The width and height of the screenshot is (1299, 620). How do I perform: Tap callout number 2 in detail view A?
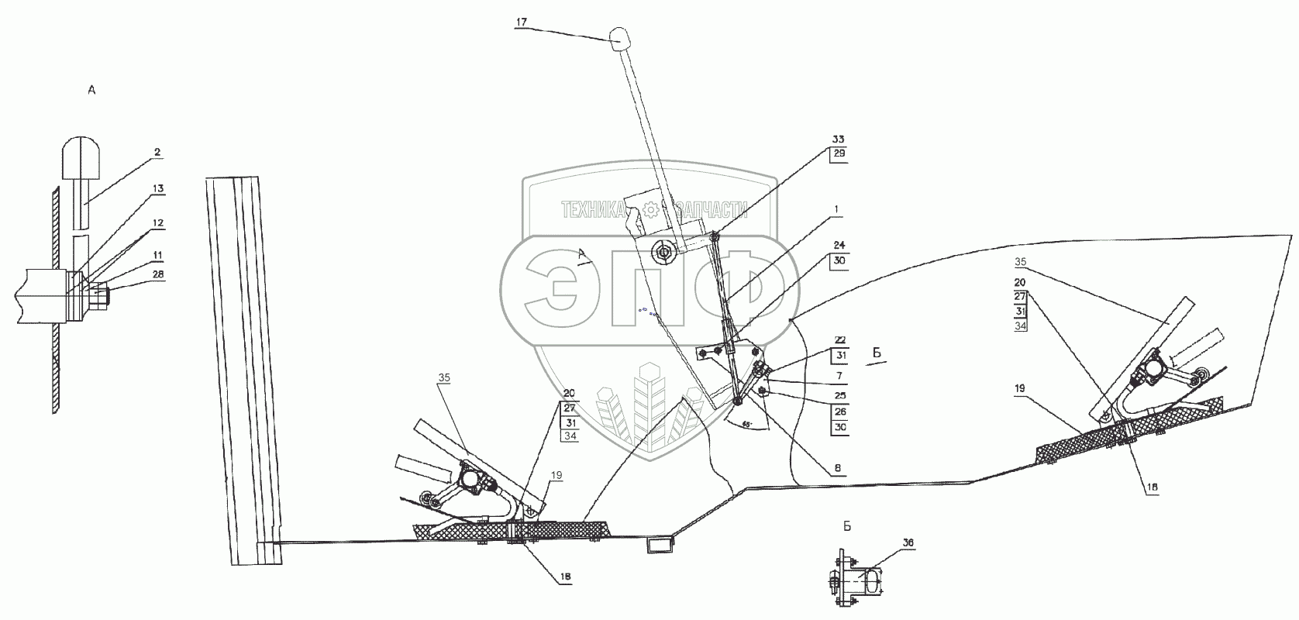coord(157,153)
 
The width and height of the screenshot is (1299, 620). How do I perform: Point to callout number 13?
coord(157,188)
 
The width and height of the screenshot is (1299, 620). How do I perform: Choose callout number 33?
coord(838,139)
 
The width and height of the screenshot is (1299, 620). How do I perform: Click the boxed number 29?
coord(838,153)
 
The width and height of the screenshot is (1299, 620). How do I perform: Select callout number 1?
coord(838,209)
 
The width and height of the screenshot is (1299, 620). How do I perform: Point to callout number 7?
coord(839,376)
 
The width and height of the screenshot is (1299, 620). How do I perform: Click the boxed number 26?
coord(839,411)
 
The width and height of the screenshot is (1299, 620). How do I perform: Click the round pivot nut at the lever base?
coord(663,251)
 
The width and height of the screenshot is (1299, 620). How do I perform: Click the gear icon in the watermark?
coord(650,208)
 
